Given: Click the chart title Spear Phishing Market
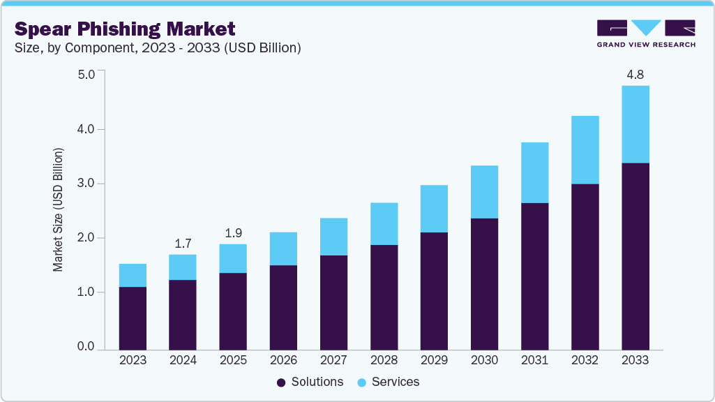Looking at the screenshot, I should pyautogui.click(x=125, y=29).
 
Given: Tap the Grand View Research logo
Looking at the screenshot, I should pyautogui.click(x=646, y=33).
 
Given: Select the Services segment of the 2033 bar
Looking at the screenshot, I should pyautogui.click(x=635, y=124).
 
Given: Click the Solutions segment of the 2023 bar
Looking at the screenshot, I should pyautogui.click(x=133, y=318).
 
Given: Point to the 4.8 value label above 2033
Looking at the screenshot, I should pyautogui.click(x=635, y=74).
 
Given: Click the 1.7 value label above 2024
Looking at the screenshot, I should pyautogui.click(x=183, y=244).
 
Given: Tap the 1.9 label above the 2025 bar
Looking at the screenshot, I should pyautogui.click(x=233, y=232).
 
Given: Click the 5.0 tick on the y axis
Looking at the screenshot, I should pyautogui.click(x=86, y=74).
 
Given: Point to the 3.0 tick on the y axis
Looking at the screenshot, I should pyautogui.click(x=86, y=184).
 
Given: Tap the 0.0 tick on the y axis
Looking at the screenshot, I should pyautogui.click(x=86, y=347).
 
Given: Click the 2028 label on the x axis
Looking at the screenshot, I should pyautogui.click(x=384, y=360).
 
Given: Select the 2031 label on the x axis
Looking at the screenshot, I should pyautogui.click(x=534, y=360).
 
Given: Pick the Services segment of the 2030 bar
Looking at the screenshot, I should pyautogui.click(x=484, y=192).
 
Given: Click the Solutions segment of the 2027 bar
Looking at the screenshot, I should pyautogui.click(x=333, y=302).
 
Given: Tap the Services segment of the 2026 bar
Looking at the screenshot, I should pyautogui.click(x=283, y=248).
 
